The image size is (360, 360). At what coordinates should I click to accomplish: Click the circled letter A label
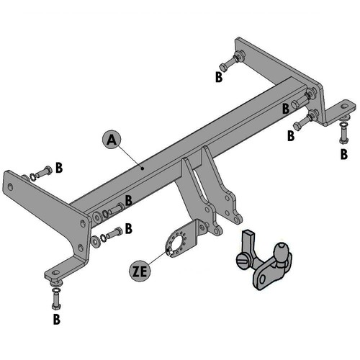pyautogui.click(x=110, y=140)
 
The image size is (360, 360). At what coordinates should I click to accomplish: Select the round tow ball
pyautogui.click(x=279, y=252)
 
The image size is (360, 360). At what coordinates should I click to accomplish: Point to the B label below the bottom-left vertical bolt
pyautogui.click(x=56, y=317)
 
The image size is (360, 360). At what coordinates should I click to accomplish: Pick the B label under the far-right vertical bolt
pyautogui.click(x=343, y=153)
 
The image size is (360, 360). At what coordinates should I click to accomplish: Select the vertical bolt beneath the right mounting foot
pyautogui.click(x=344, y=132)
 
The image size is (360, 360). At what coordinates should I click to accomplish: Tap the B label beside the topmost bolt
pyautogui.click(x=220, y=77)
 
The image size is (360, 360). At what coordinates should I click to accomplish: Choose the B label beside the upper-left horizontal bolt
pyautogui.click(x=59, y=168)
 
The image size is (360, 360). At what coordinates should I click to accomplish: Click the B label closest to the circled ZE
pyautogui.click(x=129, y=229)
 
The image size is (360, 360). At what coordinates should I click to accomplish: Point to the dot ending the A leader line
pyautogui.click(x=143, y=168)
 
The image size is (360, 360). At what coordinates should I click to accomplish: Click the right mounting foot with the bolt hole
pyautogui.click(x=343, y=110)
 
